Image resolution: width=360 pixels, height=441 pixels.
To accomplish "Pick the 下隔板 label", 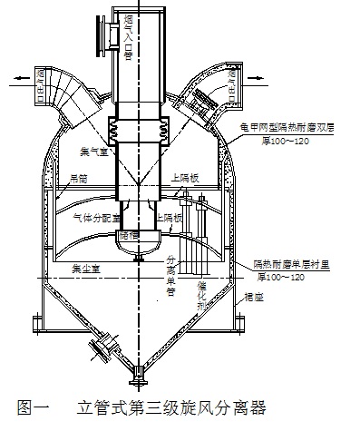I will point(170,220).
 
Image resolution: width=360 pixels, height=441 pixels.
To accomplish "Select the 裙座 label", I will point(268,294).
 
